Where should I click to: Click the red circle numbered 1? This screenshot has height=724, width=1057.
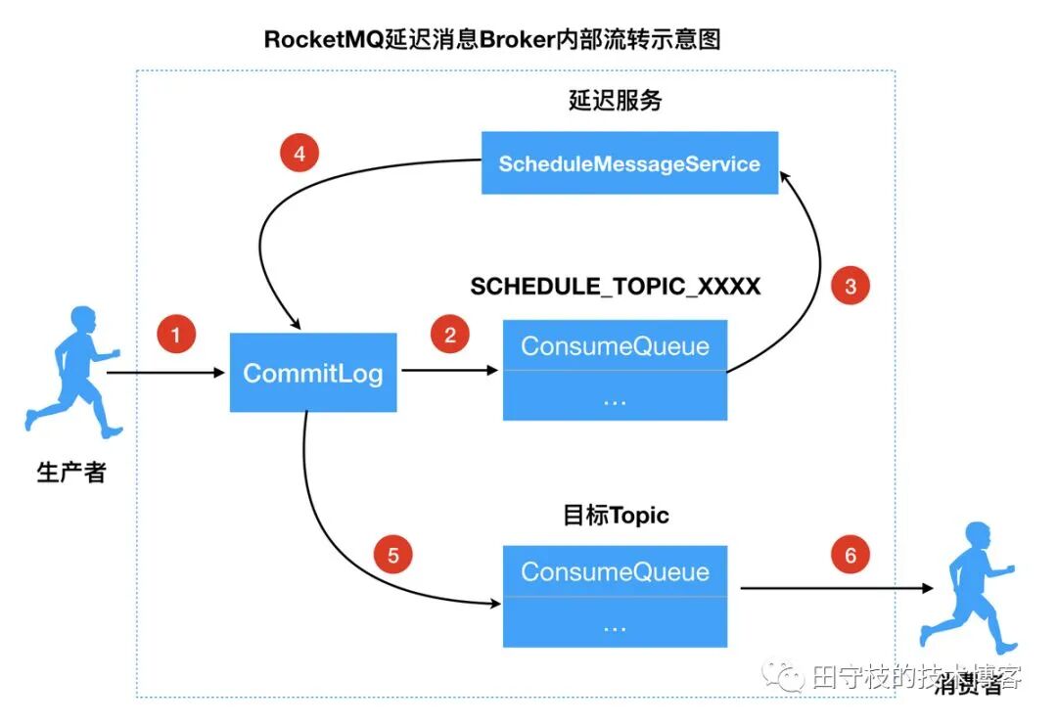(x=176, y=335)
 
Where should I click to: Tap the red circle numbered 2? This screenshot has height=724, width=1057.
(x=450, y=335)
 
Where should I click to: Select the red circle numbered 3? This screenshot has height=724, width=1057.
(x=850, y=286)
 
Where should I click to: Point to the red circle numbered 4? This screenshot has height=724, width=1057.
(x=299, y=154)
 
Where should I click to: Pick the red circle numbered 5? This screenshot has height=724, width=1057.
(x=393, y=556)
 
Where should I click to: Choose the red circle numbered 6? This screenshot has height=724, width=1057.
(x=850, y=556)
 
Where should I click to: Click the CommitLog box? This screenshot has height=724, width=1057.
(x=312, y=373)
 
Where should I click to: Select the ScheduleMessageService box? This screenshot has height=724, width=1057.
(x=629, y=163)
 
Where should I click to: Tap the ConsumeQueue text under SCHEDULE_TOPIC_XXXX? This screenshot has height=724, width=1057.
(x=615, y=345)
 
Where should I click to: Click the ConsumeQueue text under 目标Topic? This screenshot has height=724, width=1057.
(x=615, y=571)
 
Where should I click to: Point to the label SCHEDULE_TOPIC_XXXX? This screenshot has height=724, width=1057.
(x=615, y=287)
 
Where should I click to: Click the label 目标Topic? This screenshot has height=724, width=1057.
(x=616, y=515)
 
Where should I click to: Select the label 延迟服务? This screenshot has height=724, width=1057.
(x=615, y=101)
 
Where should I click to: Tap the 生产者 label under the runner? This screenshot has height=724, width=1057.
(x=70, y=474)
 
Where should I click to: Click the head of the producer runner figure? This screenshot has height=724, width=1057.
(x=81, y=319)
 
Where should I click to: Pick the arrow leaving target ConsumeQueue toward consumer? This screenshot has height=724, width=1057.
(x=832, y=589)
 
